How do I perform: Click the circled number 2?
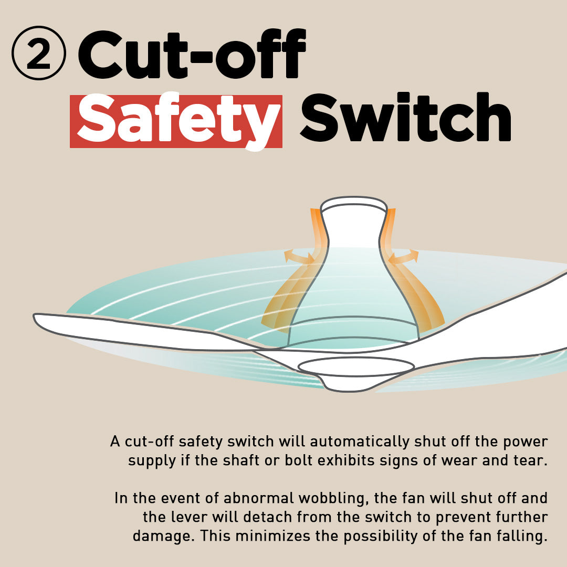[39, 53]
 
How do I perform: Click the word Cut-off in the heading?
[192, 54]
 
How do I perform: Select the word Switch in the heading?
[405, 117]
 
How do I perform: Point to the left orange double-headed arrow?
[299, 256]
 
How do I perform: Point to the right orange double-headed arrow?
[403, 257]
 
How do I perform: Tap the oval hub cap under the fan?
[356, 366]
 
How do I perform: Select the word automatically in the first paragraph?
[360, 442]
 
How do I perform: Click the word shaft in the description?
[240, 460]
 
